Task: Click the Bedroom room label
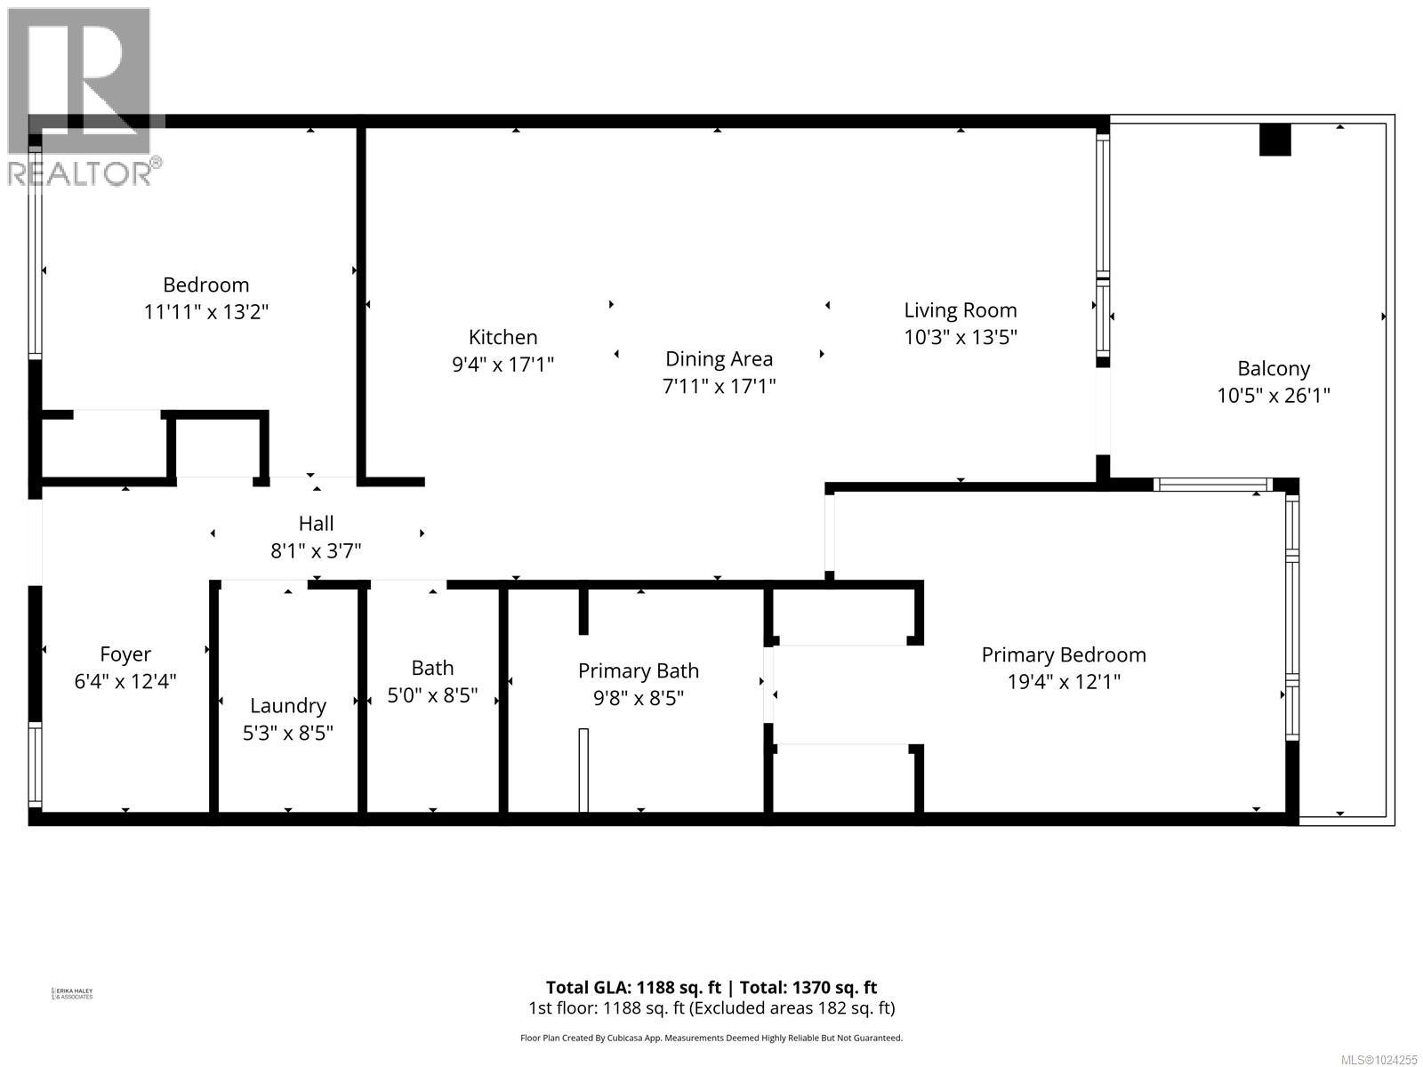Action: (x=205, y=285)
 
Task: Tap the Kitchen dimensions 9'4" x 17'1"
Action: (x=502, y=365)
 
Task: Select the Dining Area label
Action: (x=719, y=359)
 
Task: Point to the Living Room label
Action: (x=960, y=310)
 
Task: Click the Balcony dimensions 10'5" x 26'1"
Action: (x=1273, y=396)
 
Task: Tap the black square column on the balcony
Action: (x=1274, y=140)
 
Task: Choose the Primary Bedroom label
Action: (x=1063, y=654)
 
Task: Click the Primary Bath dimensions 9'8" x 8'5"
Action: (x=638, y=698)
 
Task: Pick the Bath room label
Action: (x=432, y=668)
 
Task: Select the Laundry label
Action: (x=287, y=706)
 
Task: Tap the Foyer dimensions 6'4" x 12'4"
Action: (x=125, y=682)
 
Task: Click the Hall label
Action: (x=316, y=524)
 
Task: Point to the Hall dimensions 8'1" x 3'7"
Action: (x=316, y=551)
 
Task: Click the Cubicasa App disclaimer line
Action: (x=711, y=1038)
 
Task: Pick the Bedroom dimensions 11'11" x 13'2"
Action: (x=205, y=312)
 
